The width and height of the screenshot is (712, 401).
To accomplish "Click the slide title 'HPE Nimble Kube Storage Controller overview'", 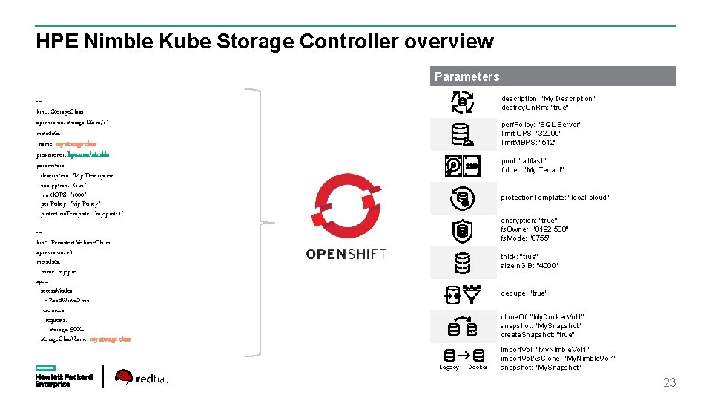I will (264, 42).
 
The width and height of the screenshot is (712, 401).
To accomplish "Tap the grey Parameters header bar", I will (553, 76).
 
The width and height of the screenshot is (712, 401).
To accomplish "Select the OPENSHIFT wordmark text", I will (346, 254).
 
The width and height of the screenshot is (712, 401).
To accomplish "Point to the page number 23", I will (669, 383).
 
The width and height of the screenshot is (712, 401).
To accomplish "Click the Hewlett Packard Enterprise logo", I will (64, 376).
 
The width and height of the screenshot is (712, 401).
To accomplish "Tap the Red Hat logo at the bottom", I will (141, 378).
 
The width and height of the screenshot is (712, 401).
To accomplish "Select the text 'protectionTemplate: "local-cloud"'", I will (555, 198).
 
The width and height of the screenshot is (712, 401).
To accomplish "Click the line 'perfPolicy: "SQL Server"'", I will (541, 125).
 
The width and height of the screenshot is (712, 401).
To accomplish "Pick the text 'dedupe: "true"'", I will (524, 293).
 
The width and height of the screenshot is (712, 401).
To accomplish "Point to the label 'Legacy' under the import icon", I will (449, 367).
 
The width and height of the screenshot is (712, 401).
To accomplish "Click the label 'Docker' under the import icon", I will (478, 367).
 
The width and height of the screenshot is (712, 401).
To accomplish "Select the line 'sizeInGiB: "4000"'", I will (529, 266).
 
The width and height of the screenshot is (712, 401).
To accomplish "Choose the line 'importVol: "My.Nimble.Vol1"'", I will (545, 349).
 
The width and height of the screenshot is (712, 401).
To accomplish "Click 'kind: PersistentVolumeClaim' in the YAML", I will (73, 242).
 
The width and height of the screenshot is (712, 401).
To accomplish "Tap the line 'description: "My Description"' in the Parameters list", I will (548, 99).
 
